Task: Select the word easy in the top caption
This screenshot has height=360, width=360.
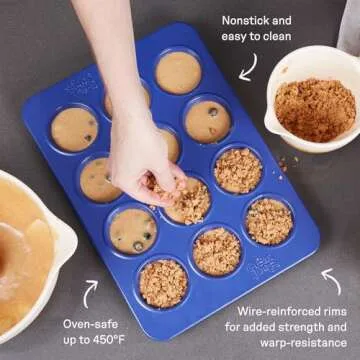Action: click(233, 37)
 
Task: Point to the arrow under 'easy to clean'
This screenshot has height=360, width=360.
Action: click(248, 68)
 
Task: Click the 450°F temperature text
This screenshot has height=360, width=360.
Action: click(108, 340)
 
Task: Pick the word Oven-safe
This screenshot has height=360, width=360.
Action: click(90, 324)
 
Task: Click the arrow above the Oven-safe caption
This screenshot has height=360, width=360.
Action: click(90, 293)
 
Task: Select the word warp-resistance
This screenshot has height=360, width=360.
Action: click(304, 343)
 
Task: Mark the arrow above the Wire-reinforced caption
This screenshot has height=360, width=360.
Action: click(332, 281)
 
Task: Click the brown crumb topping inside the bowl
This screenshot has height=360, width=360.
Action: click(315, 110)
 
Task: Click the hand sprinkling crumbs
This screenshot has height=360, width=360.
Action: click(143, 157)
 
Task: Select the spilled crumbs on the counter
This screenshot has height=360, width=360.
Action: click(284, 166)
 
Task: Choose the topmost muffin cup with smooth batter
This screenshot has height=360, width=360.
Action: click(178, 72)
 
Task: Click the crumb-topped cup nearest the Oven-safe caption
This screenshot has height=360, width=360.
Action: click(163, 284)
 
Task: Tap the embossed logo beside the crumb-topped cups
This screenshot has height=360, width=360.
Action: click(263, 267)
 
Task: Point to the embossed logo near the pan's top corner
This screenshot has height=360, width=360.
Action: click(82, 85)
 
